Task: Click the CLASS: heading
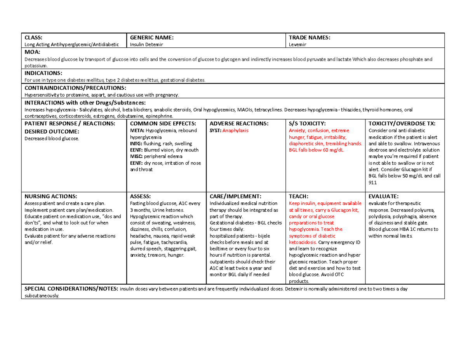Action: pyautogui.click(x=33, y=38)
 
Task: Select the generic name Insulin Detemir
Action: pyautogui.click(x=146, y=45)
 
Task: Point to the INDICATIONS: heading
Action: pyautogui.click(x=43, y=73)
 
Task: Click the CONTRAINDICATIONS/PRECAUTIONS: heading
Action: pyautogui.click(x=75, y=88)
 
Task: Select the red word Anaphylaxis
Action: pyautogui.click(x=236, y=130)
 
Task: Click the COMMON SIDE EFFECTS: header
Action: pyautogui.click(x=157, y=123)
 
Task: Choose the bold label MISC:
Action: pyautogui.click(x=136, y=157)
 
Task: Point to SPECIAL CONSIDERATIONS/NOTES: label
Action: pyautogui.click(x=71, y=289)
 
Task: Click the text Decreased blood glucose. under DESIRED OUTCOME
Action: pyautogui.click(x=51, y=138)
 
